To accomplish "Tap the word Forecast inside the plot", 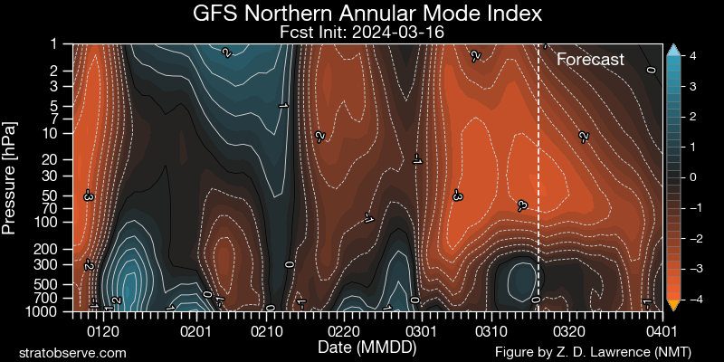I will (590, 60).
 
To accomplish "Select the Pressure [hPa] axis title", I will (10, 176).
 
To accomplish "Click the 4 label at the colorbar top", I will (691, 55).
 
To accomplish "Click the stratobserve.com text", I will (72, 352).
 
